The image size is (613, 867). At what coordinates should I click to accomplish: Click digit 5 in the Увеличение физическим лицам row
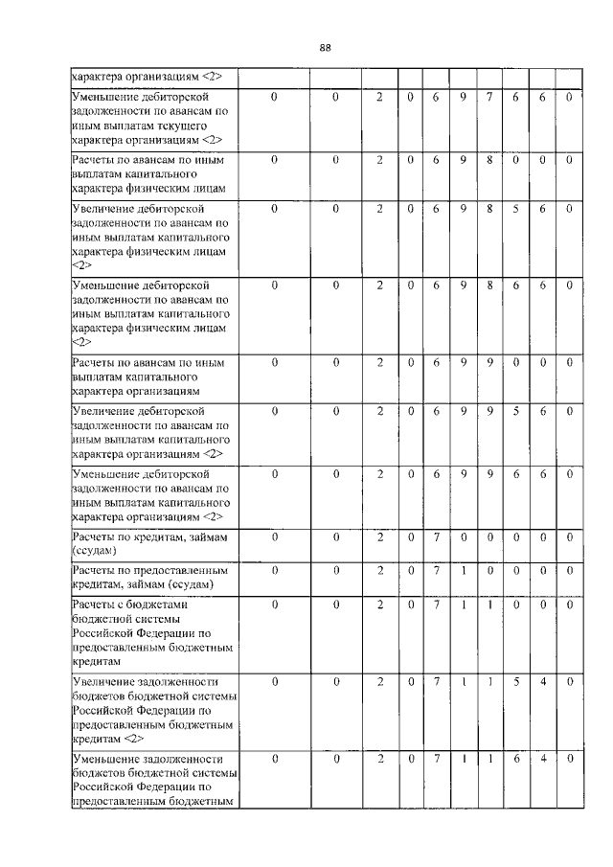click(514, 207)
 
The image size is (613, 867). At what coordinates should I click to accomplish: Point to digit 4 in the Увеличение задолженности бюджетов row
click(542, 682)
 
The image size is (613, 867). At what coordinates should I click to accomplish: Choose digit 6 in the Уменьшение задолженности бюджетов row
click(514, 760)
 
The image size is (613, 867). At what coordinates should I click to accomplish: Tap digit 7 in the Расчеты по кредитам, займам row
click(435, 537)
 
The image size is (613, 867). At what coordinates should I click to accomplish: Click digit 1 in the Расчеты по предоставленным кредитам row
click(462, 571)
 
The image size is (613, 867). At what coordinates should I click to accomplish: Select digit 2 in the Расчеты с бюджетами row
click(380, 605)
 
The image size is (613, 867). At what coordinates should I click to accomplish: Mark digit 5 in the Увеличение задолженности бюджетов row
click(514, 682)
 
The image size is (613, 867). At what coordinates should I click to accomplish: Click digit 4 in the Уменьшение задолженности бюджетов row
click(542, 760)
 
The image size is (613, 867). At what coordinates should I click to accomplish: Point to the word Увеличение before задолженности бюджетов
click(104, 682)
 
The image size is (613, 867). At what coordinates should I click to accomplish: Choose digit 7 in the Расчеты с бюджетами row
click(435, 605)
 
